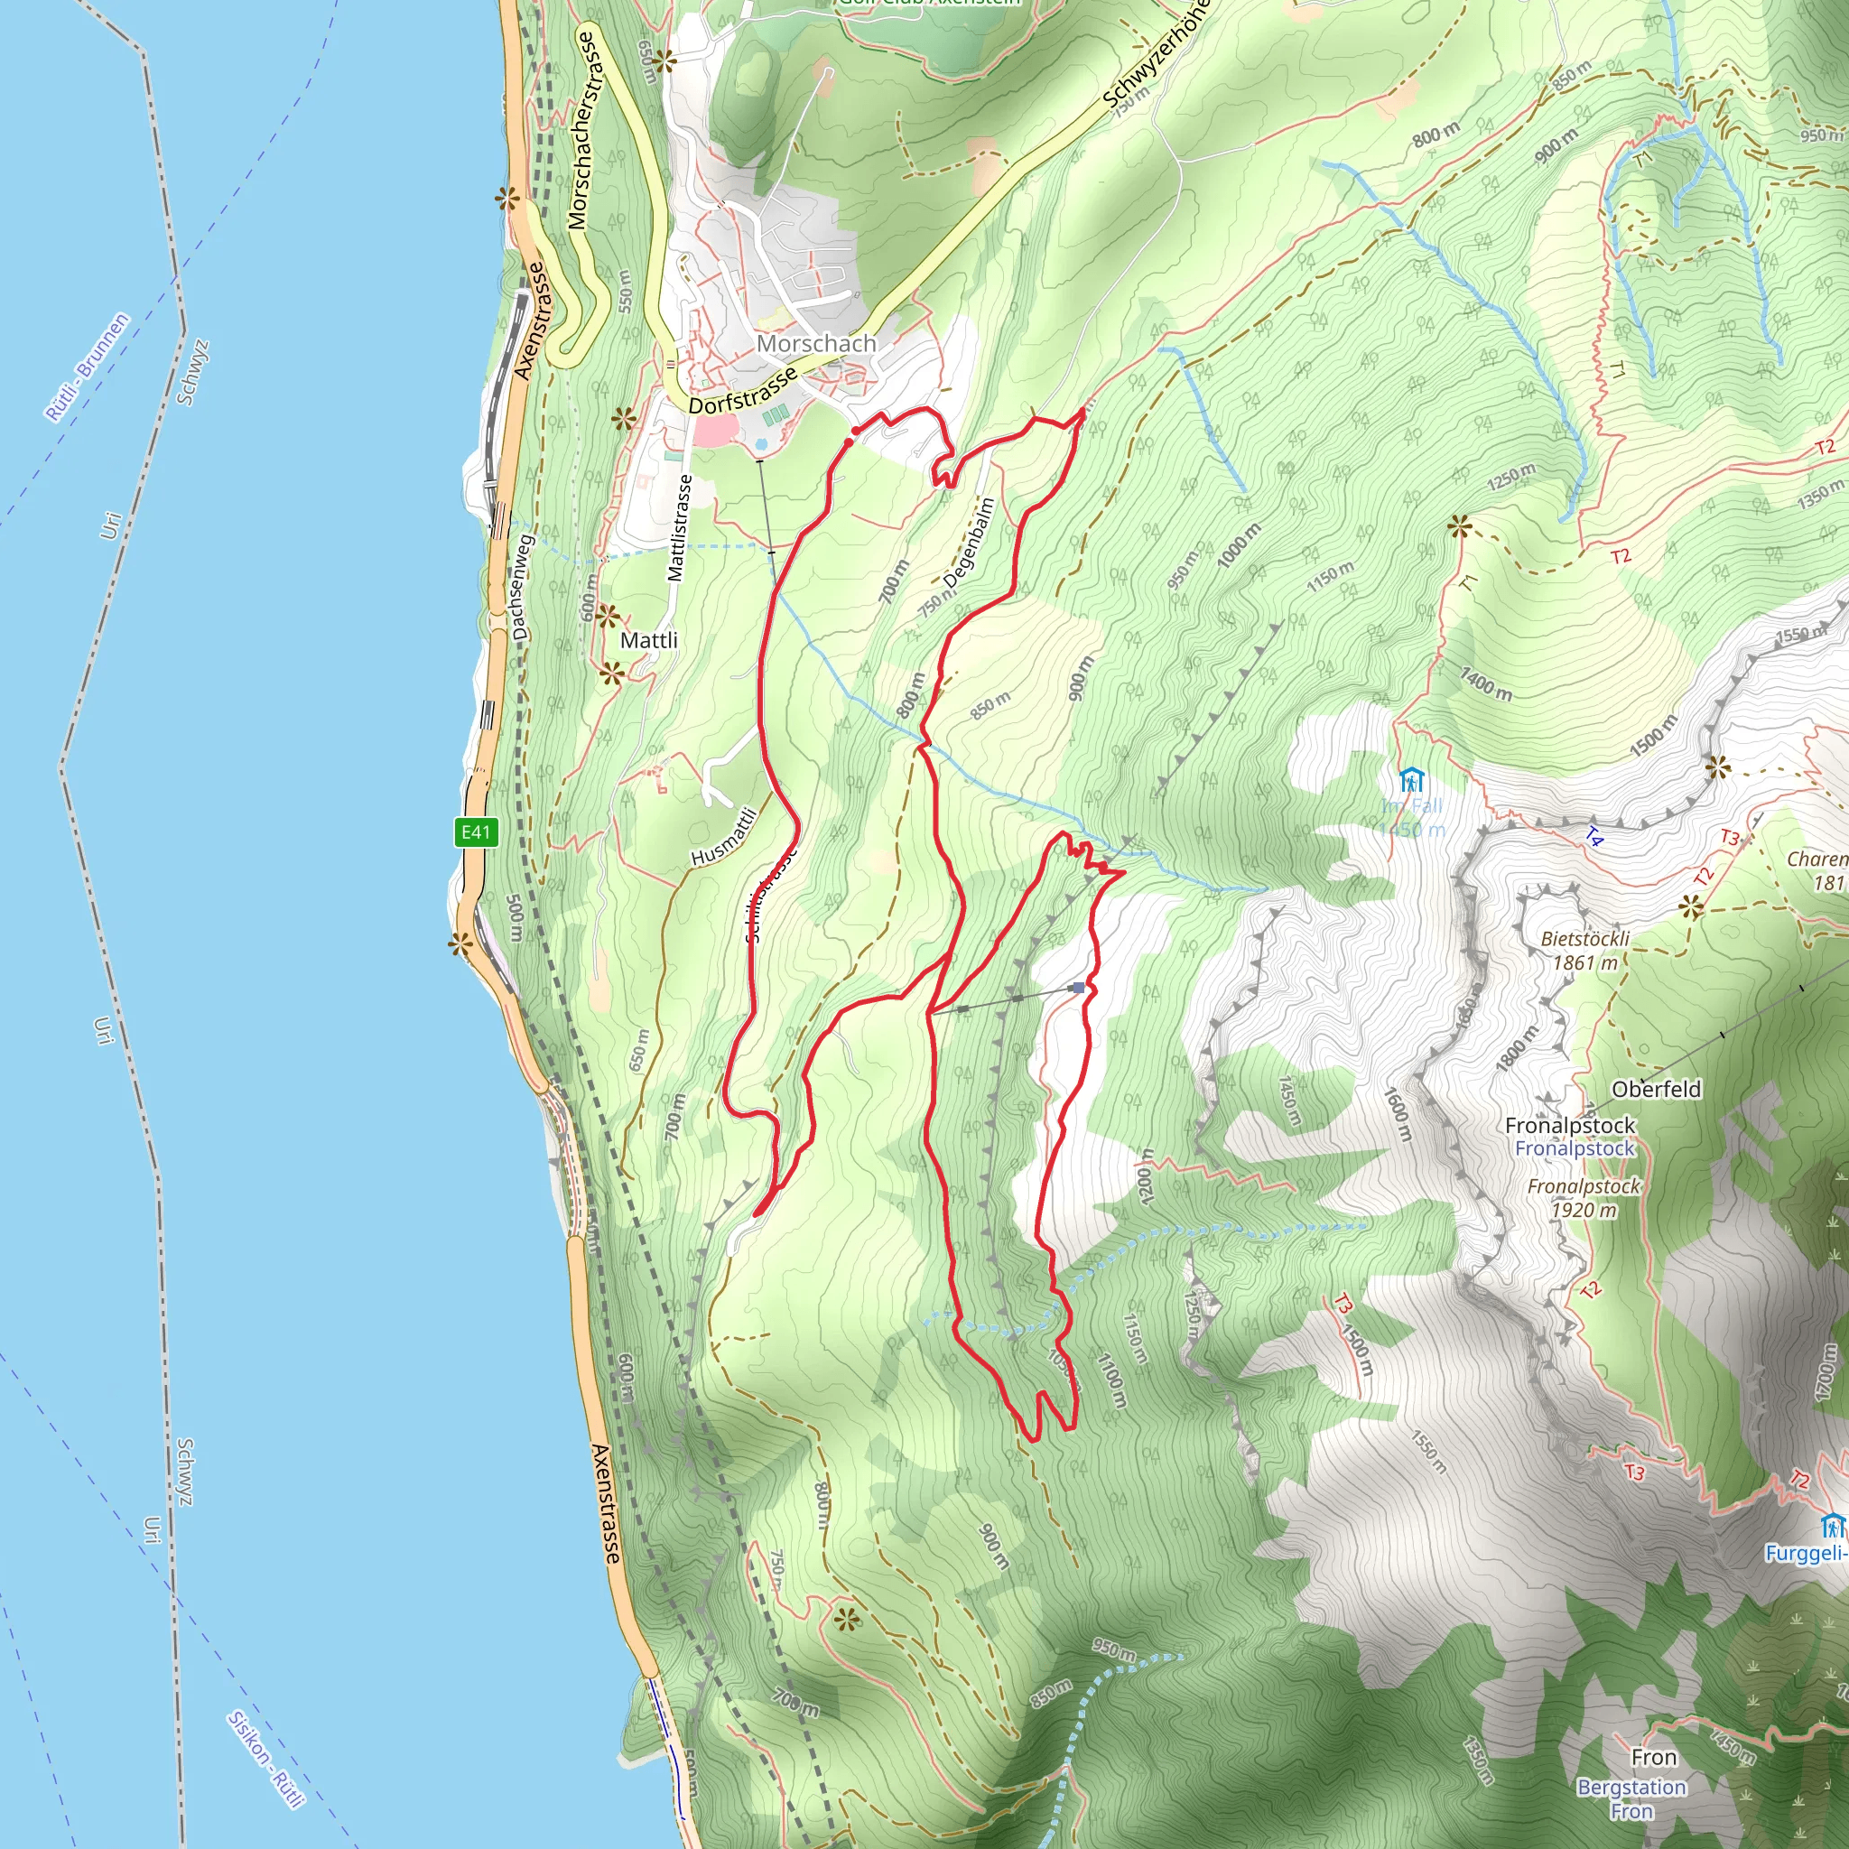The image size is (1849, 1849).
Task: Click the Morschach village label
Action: pos(815,342)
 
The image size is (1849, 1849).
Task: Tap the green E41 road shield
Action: pos(476,832)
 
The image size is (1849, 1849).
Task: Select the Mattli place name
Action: pos(649,640)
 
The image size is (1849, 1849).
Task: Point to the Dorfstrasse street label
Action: pos(742,393)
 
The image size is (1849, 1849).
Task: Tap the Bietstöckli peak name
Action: pos(1584,938)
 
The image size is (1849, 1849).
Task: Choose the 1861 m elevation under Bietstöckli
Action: pos(1584,962)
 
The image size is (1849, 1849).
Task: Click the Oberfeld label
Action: pos(1656,1089)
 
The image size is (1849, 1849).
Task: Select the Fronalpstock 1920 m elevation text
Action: pos(1584,1210)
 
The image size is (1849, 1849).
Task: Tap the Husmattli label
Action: pos(724,838)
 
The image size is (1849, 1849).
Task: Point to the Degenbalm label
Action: pos(969,543)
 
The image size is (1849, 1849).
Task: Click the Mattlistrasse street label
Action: pos(679,528)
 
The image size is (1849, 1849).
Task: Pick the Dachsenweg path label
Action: pos(521,587)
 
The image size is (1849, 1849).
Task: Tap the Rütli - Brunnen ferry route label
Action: pos(87,367)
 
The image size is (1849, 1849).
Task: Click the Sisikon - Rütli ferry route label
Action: pos(265,1759)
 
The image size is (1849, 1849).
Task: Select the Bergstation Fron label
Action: pos(1631,1798)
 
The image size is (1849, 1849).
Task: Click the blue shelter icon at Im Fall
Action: pos(1411,780)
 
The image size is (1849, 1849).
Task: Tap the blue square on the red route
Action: pos(1079,988)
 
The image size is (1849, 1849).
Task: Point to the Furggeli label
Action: pos(1804,1552)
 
